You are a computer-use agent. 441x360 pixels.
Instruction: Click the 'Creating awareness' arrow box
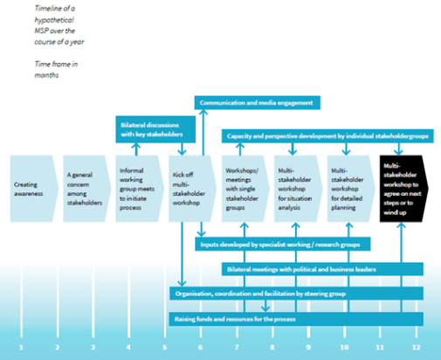click(x=31, y=185)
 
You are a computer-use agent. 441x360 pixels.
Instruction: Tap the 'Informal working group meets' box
click(x=137, y=185)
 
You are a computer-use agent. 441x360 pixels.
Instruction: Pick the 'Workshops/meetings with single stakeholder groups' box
click(x=244, y=185)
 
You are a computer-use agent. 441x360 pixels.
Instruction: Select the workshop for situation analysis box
click(x=296, y=185)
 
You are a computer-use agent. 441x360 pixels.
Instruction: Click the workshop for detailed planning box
click(x=348, y=185)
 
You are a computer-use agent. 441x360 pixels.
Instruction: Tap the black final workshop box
click(x=403, y=185)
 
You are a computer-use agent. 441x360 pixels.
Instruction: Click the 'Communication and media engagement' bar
click(x=258, y=102)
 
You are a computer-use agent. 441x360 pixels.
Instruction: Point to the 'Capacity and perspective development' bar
click(x=322, y=136)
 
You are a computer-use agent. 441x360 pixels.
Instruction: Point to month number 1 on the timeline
click(x=20, y=348)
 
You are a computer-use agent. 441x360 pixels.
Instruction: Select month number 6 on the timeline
click(x=200, y=348)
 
